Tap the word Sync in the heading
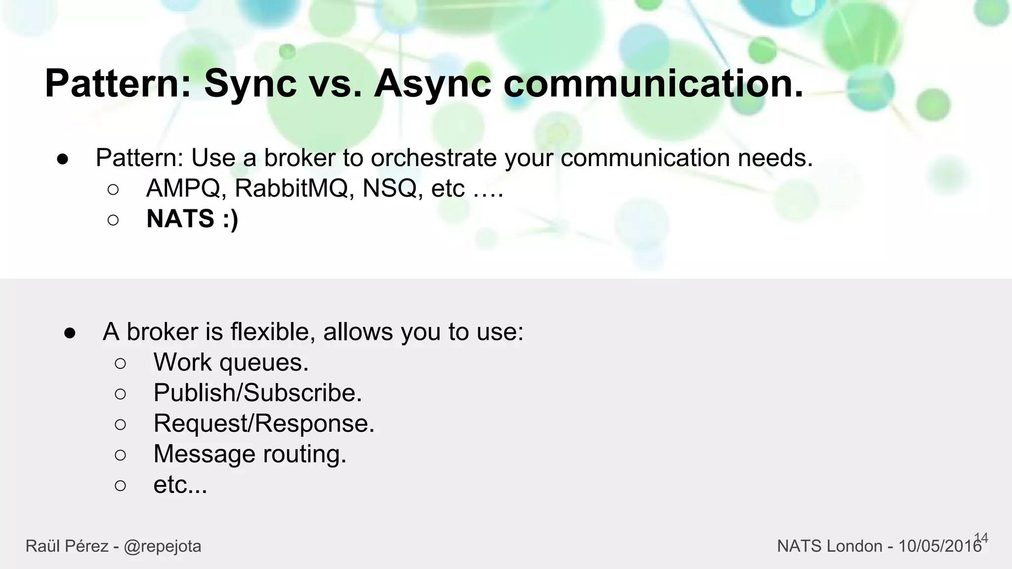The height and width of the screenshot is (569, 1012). click(250, 84)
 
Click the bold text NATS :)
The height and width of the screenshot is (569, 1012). click(192, 219)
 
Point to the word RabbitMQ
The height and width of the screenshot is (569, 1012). click(291, 188)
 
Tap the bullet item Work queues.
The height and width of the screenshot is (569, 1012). click(231, 363)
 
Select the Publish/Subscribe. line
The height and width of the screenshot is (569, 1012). click(257, 393)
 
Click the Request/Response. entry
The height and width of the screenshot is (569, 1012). click(264, 424)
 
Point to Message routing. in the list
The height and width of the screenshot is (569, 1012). click(250, 454)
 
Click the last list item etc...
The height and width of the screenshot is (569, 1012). click(180, 485)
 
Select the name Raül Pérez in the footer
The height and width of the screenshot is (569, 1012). click(67, 546)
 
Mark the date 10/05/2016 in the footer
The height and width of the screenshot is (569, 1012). click(939, 546)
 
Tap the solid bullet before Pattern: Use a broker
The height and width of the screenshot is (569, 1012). click(62, 159)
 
